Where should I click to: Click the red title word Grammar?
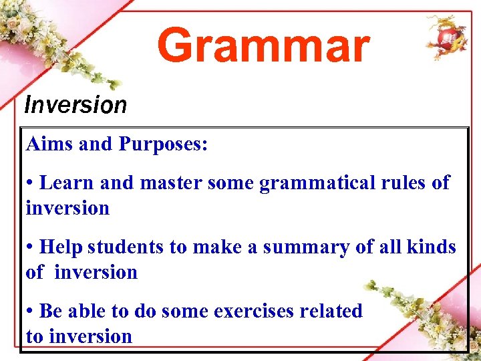(263, 46)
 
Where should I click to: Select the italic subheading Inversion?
(75, 105)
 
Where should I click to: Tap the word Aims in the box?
(49, 144)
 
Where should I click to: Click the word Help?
(61, 247)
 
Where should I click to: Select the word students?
(126, 247)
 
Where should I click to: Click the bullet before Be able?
(31, 312)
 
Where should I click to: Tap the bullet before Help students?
(31, 248)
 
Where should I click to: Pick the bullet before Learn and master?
(31, 183)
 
